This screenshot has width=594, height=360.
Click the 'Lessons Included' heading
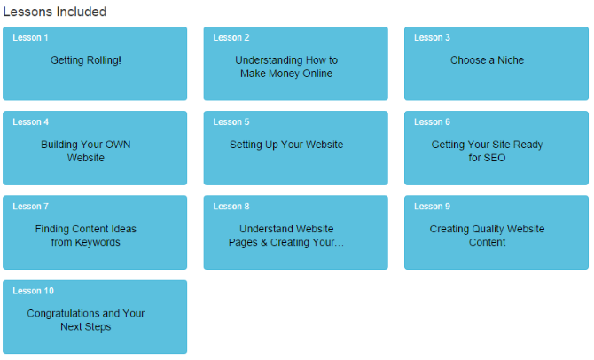[x=55, y=12]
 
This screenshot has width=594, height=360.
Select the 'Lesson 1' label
[x=30, y=37]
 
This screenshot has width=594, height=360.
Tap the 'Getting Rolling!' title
[x=86, y=60]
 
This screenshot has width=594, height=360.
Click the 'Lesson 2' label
[x=231, y=37]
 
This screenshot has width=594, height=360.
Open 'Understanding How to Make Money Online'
[x=286, y=67]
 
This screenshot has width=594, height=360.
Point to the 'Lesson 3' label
[x=432, y=37]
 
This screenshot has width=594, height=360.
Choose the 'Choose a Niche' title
[x=488, y=60]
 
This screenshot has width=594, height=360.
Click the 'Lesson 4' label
[x=30, y=122]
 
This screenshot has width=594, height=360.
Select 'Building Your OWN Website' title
[x=86, y=152]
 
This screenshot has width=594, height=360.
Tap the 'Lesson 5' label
[x=231, y=122]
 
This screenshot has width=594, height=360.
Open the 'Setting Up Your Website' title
[x=286, y=145]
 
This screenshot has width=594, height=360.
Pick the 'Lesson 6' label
[x=432, y=122]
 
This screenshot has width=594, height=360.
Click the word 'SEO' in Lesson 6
[x=495, y=158]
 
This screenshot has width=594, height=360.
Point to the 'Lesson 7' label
[x=30, y=207]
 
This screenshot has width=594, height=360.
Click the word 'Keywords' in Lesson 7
[x=98, y=243]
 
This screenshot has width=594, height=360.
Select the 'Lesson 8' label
[x=231, y=207]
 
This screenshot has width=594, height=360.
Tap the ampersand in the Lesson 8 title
[x=264, y=243]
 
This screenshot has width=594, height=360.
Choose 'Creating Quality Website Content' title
[x=488, y=236]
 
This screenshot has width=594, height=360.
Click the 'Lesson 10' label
[x=33, y=291]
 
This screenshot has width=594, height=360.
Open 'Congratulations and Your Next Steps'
[x=86, y=320]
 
